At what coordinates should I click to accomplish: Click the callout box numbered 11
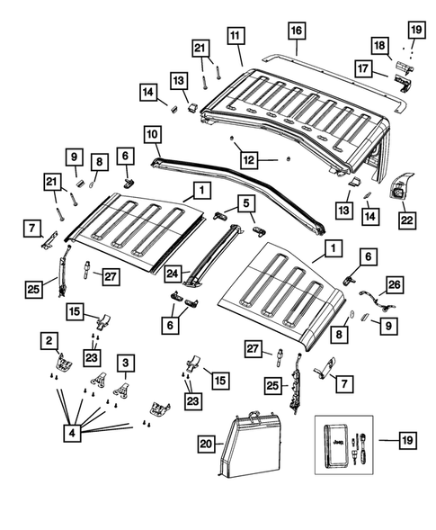235,37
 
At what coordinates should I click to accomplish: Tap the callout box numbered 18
379,46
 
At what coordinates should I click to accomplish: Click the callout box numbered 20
206,444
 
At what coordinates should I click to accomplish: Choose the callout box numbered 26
392,284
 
